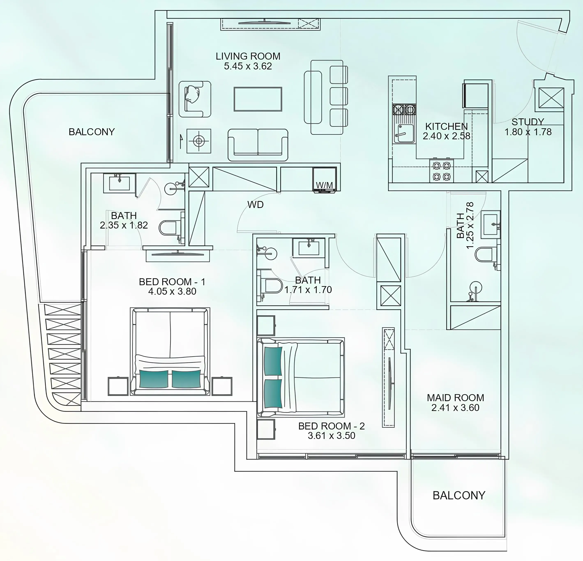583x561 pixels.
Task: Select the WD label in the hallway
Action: pyautogui.click(x=255, y=205)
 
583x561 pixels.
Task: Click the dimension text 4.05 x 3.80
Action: pyautogui.click(x=172, y=291)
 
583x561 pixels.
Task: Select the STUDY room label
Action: pyautogui.click(x=528, y=122)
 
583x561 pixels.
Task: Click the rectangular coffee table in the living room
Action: pyautogui.click(x=258, y=99)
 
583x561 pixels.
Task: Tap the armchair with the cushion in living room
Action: pyautogui.click(x=195, y=99)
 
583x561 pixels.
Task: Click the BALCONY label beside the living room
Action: pyautogui.click(x=92, y=132)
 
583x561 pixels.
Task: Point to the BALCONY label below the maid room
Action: pyautogui.click(x=459, y=495)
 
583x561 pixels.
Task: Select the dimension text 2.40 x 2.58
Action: pyautogui.click(x=446, y=136)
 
